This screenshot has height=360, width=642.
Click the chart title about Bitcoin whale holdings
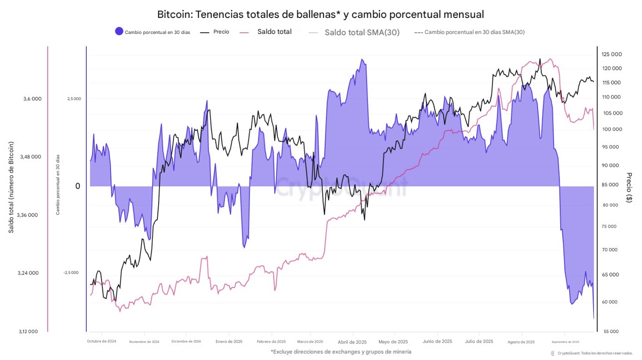coord(320,14)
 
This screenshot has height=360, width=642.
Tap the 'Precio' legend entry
coord(215,32)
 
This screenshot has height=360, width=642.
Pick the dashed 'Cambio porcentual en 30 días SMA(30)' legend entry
coord(470,32)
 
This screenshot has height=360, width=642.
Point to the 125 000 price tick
coord(612,54)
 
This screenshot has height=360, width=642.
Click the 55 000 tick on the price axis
coord(611,331)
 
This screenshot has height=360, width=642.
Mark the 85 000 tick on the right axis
coord(610,185)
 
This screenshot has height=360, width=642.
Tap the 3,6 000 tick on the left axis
coord(32,99)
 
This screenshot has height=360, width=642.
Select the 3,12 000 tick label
coord(29,331)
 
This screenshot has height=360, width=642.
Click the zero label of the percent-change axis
coord(77,186)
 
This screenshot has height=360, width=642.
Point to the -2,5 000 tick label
coord(71,273)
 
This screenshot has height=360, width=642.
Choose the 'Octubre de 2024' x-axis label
coord(102,341)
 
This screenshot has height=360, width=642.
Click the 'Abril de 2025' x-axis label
coord(352,342)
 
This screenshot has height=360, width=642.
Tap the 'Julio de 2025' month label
coord(479,341)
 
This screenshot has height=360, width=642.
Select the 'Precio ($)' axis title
coord(629,187)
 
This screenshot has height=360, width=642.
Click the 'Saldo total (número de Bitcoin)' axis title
coord(11,187)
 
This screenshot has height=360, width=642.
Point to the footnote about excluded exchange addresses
coord(341,352)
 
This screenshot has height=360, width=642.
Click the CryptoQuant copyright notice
coord(594,353)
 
